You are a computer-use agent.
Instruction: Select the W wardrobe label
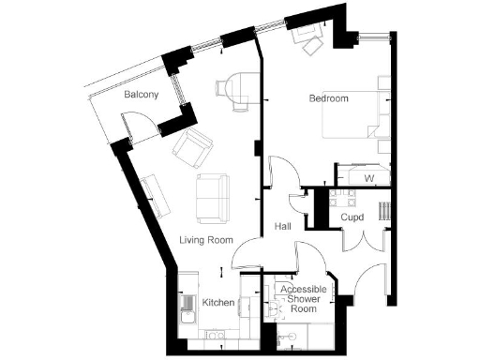[369, 177]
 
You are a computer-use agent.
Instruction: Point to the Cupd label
[352, 217]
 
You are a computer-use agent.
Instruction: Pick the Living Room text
[205, 240]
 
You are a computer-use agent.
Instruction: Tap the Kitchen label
[218, 303]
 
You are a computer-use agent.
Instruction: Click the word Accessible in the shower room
[301, 290]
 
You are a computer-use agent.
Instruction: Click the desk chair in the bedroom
[308, 37]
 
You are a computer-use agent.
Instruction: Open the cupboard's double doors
[360, 240]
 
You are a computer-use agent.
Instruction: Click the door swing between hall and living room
[246, 253]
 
